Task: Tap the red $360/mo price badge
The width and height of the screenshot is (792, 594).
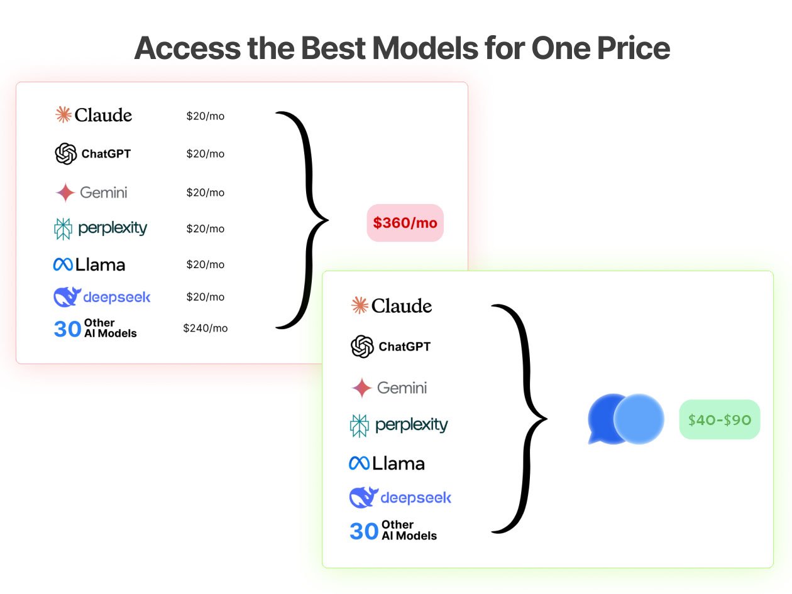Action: pos(405,223)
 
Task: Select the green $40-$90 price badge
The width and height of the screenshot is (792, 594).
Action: pos(720,419)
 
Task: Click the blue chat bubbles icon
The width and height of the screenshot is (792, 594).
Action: pos(625,419)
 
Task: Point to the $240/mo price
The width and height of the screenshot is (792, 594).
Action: pos(206,328)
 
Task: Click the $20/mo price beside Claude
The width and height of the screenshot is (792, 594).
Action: pos(206,116)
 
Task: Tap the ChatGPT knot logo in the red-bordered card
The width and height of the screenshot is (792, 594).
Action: pos(65,154)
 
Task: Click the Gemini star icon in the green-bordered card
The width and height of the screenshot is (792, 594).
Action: pos(361,388)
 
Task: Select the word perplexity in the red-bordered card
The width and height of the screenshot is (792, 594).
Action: pos(113,228)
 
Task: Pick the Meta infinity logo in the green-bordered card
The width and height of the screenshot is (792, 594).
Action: pos(359,463)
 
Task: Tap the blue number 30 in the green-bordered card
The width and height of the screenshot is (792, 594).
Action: pos(364,531)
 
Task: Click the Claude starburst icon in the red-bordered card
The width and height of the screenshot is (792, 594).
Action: pos(63,115)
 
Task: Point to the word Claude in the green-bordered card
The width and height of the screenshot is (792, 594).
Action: pos(401,306)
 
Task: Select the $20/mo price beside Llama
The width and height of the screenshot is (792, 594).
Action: pos(206,264)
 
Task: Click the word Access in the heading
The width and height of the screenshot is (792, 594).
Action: pos(187,48)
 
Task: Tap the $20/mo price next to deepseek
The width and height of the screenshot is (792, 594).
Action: pos(206,297)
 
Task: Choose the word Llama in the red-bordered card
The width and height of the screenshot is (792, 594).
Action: pos(101,265)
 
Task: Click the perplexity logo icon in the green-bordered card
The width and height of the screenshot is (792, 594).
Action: pos(360,426)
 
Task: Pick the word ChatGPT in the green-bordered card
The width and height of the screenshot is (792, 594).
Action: pos(404,347)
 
